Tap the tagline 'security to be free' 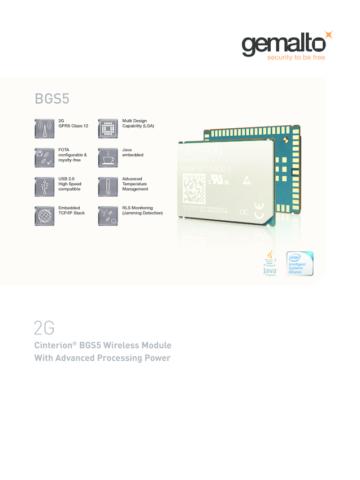(x=296, y=58)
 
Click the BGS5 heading (x=52, y=98)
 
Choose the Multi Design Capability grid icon (x=107, y=128)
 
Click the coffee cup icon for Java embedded (x=107, y=158)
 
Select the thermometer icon (x=107, y=187)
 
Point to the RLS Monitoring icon (x=107, y=216)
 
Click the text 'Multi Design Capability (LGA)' (x=138, y=123)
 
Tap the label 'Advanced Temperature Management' (x=135, y=184)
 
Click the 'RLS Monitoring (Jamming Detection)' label (x=142, y=211)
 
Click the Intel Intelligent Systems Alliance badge (x=299, y=264)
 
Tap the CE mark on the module (x=258, y=215)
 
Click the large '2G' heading (x=44, y=328)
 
